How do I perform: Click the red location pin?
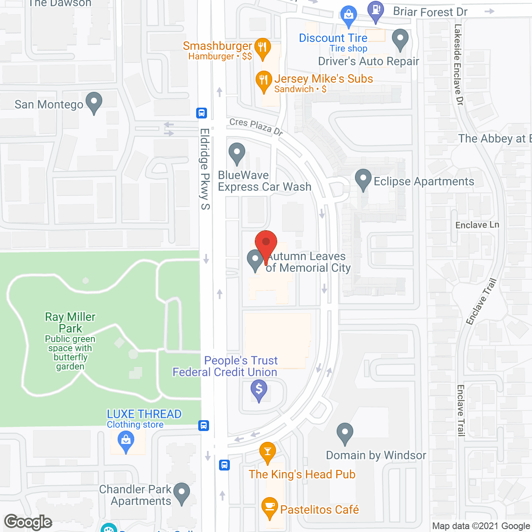pyautogui.click(x=266, y=243)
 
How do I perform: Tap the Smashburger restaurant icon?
pyautogui.click(x=262, y=47)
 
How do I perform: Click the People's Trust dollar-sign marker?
pyautogui.click(x=259, y=390)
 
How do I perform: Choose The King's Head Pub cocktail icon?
pyautogui.click(x=268, y=452)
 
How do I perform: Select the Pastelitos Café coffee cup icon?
pyautogui.click(x=270, y=507)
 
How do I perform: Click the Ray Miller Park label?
pyautogui.click(x=70, y=323)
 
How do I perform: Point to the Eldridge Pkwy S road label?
pyautogui.click(x=205, y=169)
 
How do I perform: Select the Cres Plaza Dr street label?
pyautogui.click(x=256, y=126)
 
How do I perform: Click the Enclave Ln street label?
pyautogui.click(x=477, y=225)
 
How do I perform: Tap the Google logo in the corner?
pyautogui.click(x=28, y=522)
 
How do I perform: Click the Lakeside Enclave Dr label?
pyautogui.click(x=458, y=64)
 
